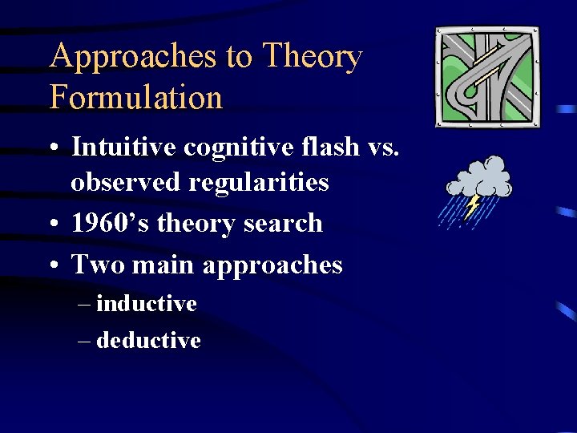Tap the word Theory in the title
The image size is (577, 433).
click(x=313, y=57)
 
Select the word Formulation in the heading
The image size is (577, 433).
click(x=135, y=98)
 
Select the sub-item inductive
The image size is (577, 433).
click(x=146, y=304)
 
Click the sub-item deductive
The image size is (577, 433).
click(x=148, y=341)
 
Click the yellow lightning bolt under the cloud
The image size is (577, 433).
click(x=472, y=205)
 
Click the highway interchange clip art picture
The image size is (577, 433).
click(x=487, y=77)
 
